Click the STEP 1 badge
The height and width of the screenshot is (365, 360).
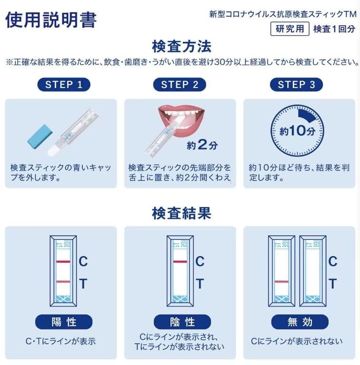click(64, 85)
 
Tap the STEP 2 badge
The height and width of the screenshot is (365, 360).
click(180, 85)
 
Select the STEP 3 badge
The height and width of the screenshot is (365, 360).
click(296, 85)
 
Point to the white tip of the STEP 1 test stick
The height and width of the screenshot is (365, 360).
click(52, 150)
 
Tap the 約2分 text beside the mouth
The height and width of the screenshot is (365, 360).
click(202, 145)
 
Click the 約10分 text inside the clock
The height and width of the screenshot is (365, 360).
click(297, 131)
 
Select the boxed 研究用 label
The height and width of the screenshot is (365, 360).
click(290, 29)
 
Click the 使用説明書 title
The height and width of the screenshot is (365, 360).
click(51, 20)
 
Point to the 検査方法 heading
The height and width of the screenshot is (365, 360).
click(181, 46)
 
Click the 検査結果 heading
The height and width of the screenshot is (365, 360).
click(181, 213)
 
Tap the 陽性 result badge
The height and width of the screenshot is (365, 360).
click(64, 322)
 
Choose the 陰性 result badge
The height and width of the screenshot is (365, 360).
click(182, 322)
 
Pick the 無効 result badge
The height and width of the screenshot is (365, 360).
click(300, 322)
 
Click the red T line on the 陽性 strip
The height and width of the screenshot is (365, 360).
click(63, 282)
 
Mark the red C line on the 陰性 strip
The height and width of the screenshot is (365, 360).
click(180, 262)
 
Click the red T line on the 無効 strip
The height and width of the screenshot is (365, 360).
click(281, 282)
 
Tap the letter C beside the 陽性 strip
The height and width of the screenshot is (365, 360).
click(83, 261)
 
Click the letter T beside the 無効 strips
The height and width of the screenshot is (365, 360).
click(333, 284)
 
